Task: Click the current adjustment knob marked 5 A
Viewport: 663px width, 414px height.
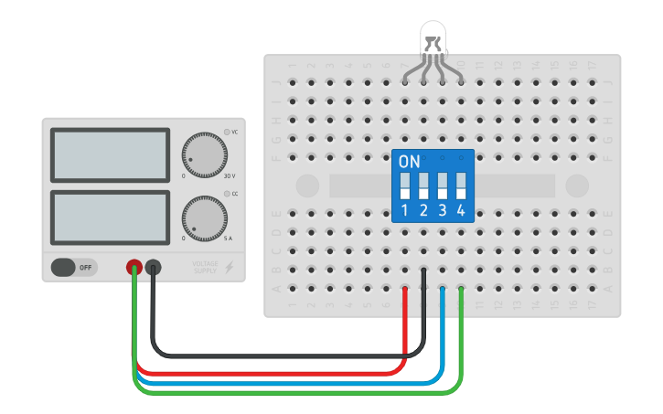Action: pos(202,219)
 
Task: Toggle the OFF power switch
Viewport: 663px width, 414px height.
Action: pos(73,268)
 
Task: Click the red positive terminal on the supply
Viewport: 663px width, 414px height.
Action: pos(134,268)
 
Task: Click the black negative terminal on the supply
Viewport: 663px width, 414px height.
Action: pos(153,268)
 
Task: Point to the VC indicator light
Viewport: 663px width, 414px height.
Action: pos(227,132)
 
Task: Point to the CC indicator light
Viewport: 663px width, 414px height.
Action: pos(227,194)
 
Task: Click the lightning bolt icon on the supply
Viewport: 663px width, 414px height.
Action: pos(229,268)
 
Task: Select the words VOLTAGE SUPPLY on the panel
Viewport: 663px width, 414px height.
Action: pos(205,268)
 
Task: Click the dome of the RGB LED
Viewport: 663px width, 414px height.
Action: pos(433,39)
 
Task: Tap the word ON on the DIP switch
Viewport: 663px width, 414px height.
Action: pos(409,162)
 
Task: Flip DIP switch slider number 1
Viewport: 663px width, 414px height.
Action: pos(404,186)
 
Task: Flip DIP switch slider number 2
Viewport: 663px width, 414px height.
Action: pos(423,186)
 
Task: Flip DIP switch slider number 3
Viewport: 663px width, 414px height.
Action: pos(443,186)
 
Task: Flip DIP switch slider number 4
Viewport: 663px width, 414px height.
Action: pos(461,186)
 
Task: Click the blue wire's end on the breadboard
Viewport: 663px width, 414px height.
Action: pos(443,289)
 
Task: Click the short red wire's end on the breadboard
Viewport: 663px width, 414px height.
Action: pos(405,290)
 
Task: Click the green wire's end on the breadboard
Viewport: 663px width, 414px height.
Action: pos(461,289)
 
